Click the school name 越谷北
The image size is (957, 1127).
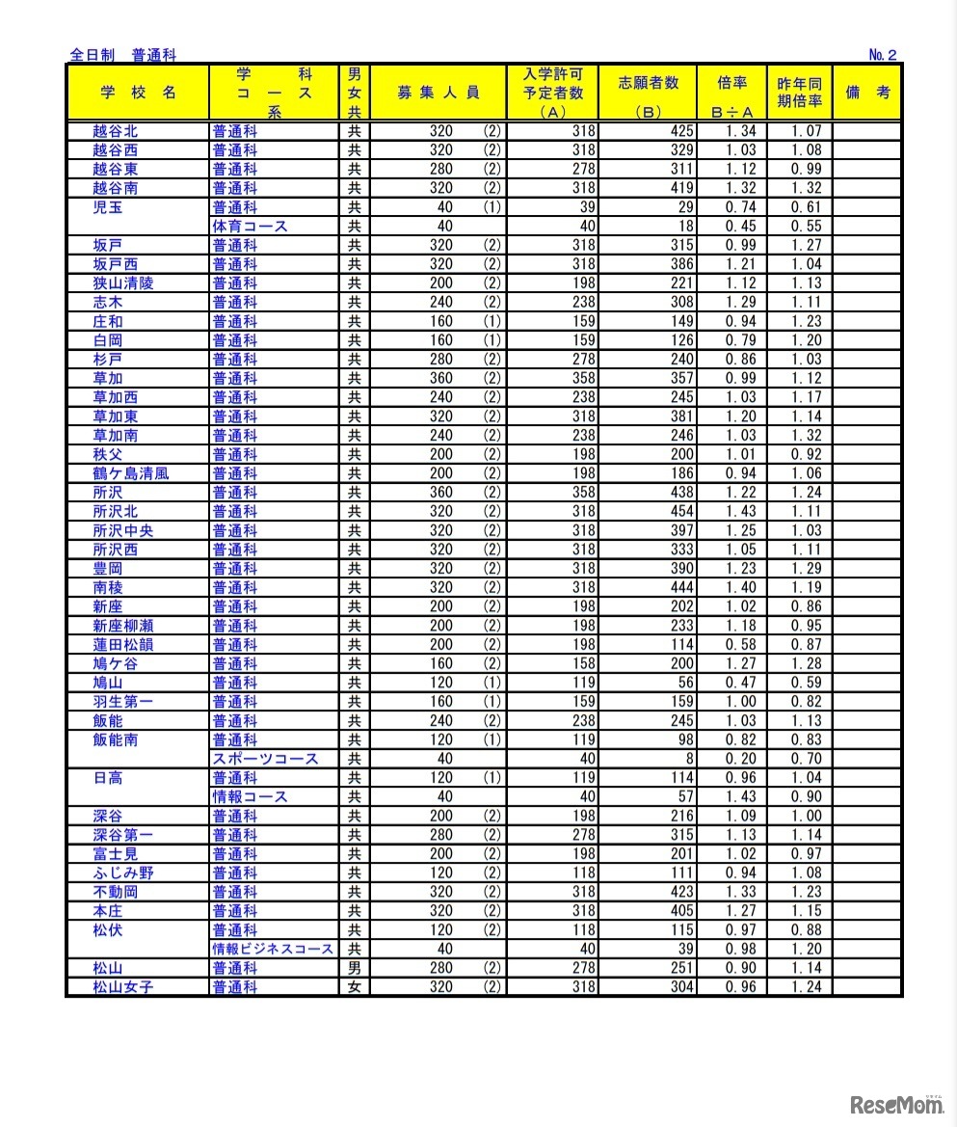(115, 131)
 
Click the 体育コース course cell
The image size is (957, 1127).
(251, 227)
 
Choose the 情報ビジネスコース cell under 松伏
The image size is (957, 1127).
(274, 949)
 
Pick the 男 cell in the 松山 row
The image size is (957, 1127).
(354, 968)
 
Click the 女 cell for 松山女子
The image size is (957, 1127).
(354, 986)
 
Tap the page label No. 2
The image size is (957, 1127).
(882, 55)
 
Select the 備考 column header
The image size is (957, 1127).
(866, 93)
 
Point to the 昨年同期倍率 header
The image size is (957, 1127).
(799, 93)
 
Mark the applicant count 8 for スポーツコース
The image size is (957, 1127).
(689, 759)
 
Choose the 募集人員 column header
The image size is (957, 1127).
(439, 93)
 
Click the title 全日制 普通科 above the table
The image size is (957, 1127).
(123, 55)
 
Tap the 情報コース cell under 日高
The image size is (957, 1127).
(251, 796)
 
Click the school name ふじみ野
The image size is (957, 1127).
(122, 872)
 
